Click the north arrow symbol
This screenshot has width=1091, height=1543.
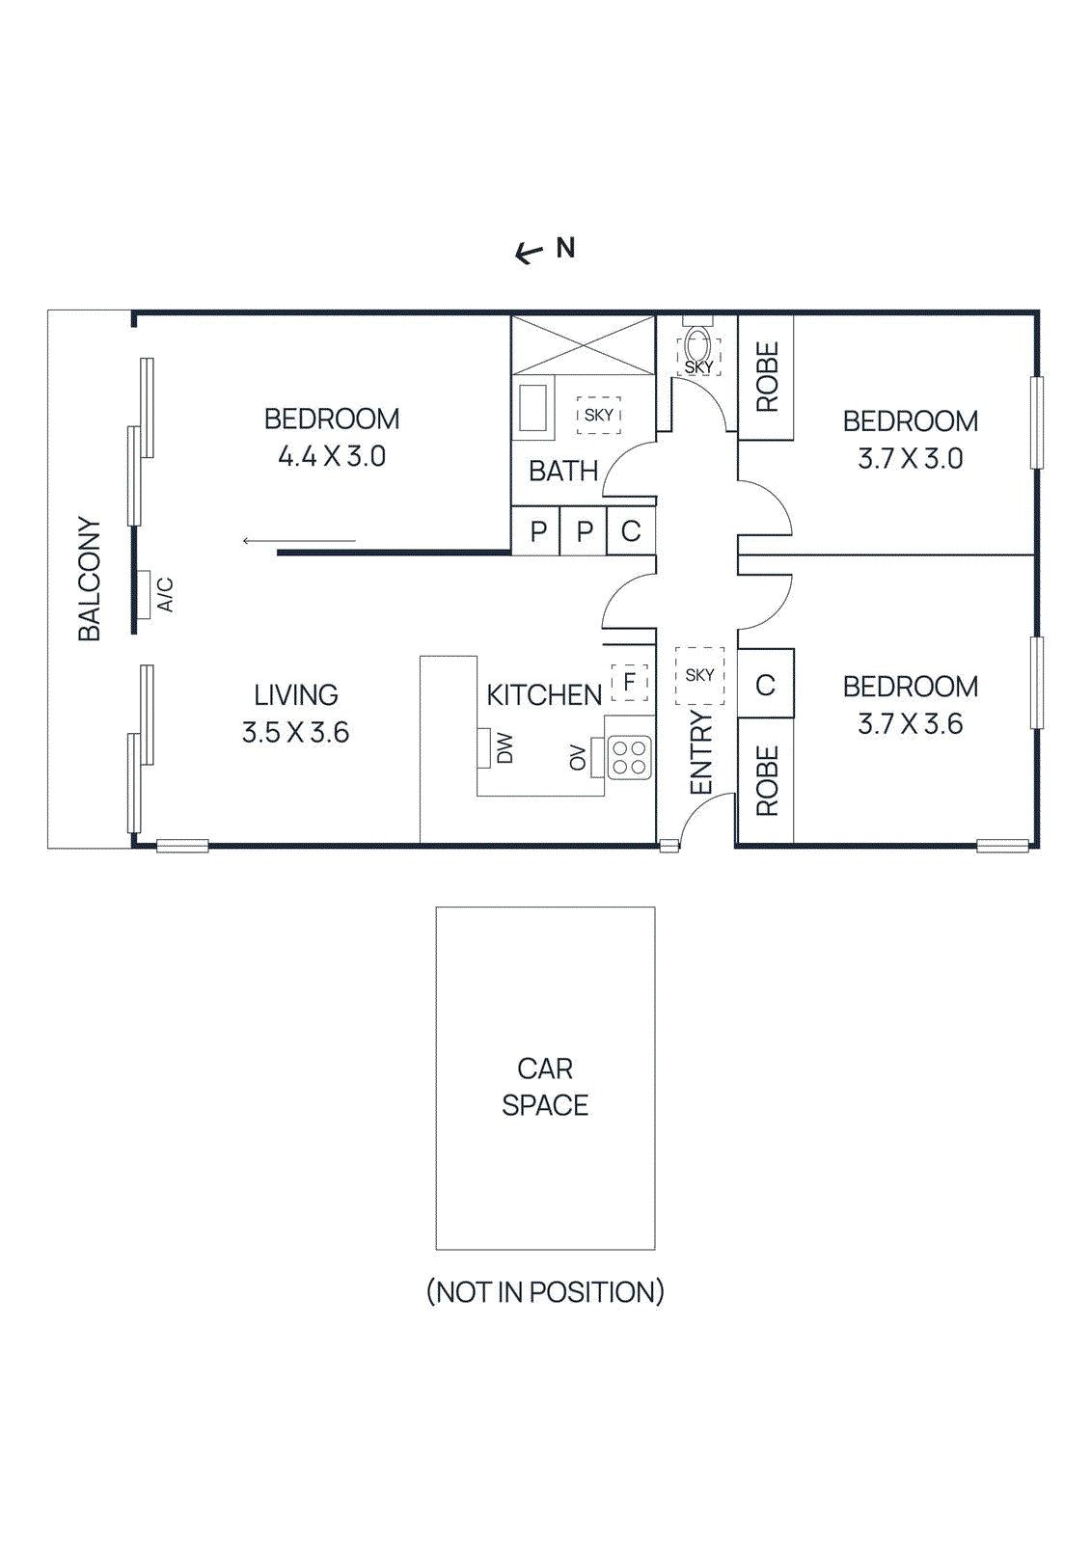[529, 254]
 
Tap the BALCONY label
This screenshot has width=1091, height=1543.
[90, 579]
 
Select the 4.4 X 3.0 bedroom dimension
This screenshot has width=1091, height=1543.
[332, 456]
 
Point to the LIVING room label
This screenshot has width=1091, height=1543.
[296, 694]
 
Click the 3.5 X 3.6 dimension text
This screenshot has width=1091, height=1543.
[295, 733]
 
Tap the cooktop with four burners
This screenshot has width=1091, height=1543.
[629, 757]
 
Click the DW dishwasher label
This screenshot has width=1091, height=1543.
[505, 747]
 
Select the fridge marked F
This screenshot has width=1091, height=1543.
[629, 683]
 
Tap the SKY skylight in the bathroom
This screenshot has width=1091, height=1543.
[599, 415]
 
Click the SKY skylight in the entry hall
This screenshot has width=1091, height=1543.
[699, 674]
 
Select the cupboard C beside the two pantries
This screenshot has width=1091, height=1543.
[631, 531]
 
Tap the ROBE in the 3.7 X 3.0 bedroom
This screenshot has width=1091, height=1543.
[766, 377]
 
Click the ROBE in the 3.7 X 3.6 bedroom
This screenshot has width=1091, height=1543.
[766, 780]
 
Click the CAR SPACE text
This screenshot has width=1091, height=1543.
[545, 1087]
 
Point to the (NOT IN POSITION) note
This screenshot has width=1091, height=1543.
[545, 1291]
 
